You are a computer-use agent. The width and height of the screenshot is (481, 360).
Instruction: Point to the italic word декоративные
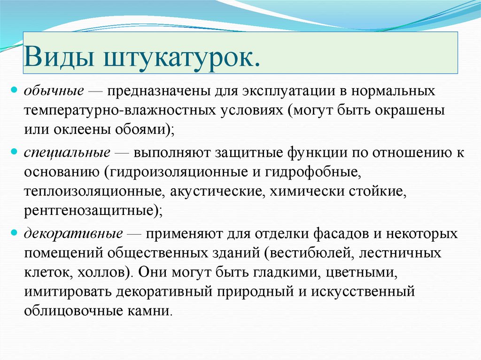[74, 233]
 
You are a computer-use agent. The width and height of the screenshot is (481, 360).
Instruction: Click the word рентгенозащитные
[89, 212]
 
